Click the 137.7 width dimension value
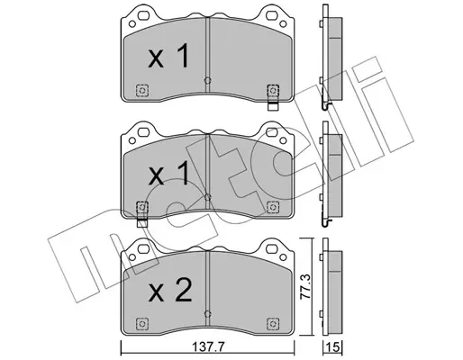(208, 347)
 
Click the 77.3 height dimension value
(305, 286)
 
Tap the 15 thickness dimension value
(333, 348)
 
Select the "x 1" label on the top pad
(168, 56)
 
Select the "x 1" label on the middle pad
(168, 173)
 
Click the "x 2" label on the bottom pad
(169, 290)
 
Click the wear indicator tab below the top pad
(273, 106)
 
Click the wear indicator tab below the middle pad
(142, 223)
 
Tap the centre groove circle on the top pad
(207, 80)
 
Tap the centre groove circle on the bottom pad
(207, 314)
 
